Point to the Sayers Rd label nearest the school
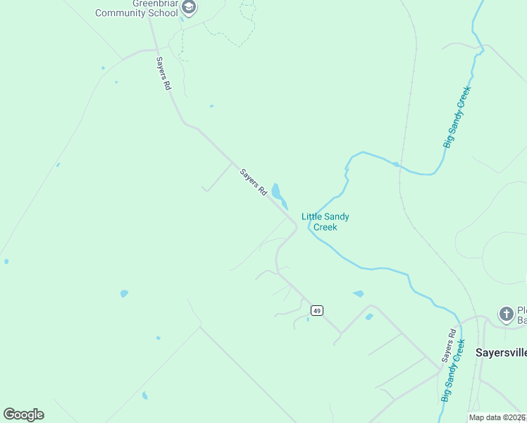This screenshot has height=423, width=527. [163, 73]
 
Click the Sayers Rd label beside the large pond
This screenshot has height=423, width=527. [254, 182]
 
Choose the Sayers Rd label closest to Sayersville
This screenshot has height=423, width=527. [449, 345]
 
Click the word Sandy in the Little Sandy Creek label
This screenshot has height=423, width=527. [337, 217]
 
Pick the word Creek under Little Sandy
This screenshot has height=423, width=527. [325, 227]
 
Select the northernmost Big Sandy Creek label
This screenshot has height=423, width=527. [457, 117]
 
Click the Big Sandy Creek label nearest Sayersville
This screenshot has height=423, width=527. [452, 371]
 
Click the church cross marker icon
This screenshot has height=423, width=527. [506, 314]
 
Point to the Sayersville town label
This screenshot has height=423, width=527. [500, 351]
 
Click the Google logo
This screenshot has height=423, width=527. [23, 415]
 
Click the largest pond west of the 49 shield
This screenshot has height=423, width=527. [125, 293]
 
